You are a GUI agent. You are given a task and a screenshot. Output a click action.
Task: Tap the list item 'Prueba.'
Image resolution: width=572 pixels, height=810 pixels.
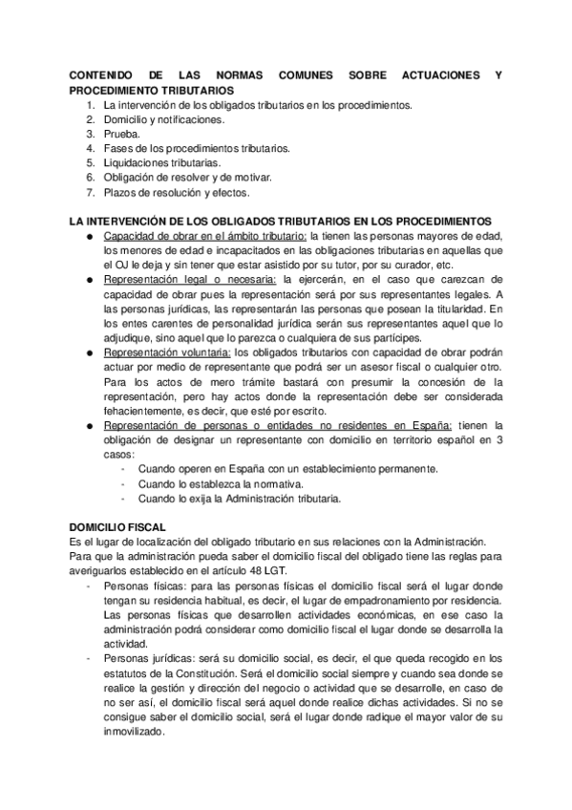click(122, 135)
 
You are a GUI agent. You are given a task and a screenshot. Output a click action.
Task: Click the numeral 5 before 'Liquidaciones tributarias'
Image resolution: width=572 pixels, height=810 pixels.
click(90, 163)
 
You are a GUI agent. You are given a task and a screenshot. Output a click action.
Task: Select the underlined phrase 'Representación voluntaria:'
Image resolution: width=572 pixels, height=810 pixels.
click(167, 352)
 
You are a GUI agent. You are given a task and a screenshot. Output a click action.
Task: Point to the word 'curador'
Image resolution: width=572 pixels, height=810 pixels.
click(406, 266)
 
